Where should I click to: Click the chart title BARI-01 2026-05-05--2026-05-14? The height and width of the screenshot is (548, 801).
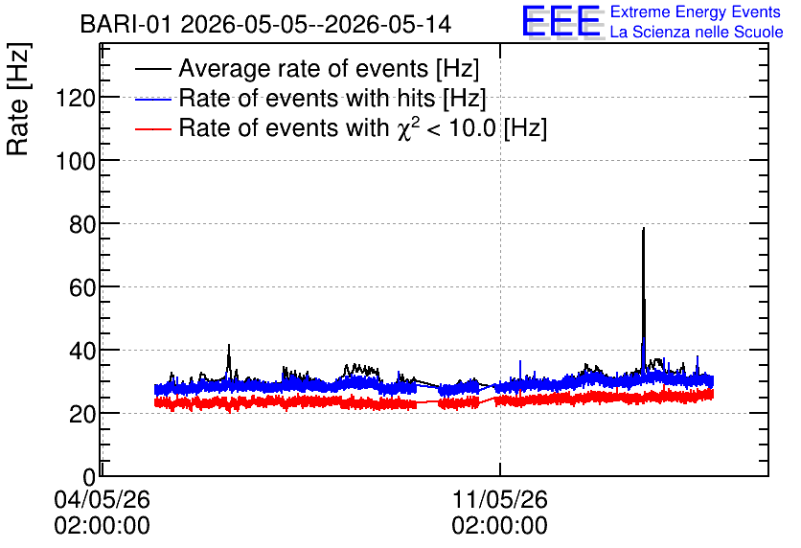265,24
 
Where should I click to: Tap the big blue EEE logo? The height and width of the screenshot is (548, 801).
561,21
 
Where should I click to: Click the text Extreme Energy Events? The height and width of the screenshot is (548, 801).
696,11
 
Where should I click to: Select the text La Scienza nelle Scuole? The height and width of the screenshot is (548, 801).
697,33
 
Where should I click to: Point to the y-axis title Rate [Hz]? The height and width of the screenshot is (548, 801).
18,99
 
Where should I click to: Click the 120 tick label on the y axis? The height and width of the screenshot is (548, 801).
76,98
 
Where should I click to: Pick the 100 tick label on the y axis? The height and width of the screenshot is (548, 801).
76,161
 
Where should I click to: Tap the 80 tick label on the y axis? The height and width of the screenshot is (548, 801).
82,224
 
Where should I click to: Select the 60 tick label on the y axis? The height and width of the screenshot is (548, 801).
82,287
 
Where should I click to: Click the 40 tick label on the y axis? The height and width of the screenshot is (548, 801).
82,351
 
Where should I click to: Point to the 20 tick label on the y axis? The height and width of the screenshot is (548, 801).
82,414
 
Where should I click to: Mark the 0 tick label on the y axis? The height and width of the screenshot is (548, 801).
89,477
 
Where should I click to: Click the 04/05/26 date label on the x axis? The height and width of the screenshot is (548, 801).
103,499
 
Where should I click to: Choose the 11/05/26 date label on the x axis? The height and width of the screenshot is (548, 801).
499,499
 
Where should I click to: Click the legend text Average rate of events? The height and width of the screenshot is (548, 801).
304,68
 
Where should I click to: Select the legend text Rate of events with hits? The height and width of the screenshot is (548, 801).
307,98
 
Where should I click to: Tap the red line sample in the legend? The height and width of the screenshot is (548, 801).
153,129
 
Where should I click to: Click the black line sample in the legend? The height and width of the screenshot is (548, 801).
153,69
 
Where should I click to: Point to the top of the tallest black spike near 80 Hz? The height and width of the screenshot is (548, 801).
644,228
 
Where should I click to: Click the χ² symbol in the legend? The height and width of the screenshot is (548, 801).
404,127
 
